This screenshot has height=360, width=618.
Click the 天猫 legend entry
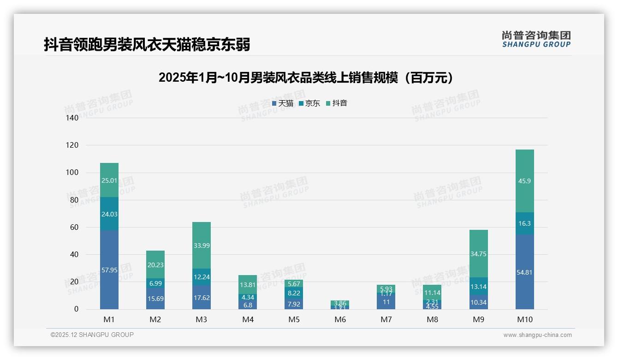283,103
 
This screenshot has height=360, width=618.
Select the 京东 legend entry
309,103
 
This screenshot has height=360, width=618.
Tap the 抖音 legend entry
337,103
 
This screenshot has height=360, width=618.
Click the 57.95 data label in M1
109,270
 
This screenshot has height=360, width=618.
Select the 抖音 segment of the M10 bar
524,181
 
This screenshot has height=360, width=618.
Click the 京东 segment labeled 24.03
109,214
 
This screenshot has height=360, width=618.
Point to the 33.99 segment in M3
202,245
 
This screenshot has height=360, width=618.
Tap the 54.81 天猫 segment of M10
524,272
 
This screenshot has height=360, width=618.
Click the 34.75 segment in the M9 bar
478,254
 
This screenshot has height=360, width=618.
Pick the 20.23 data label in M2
155,265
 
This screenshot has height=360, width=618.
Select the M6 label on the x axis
340,319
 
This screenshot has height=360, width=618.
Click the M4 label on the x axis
248,319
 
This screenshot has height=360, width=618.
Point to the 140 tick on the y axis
72,118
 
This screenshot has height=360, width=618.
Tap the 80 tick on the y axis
74,200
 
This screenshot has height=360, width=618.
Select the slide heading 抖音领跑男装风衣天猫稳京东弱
147,45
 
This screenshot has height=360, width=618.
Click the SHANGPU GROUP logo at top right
536,39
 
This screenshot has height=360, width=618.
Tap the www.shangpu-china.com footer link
537,335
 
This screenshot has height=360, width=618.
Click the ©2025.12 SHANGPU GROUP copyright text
92,335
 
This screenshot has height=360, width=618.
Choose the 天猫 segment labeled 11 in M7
386,302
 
